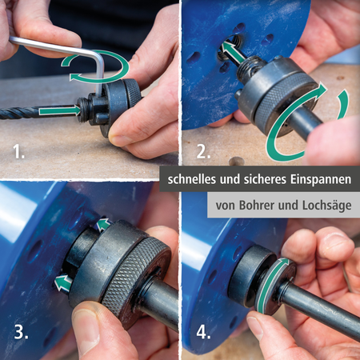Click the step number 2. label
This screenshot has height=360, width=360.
click(202, 151)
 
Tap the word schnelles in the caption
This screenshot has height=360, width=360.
click(195, 177)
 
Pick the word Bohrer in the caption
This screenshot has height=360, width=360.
click(255, 205)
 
